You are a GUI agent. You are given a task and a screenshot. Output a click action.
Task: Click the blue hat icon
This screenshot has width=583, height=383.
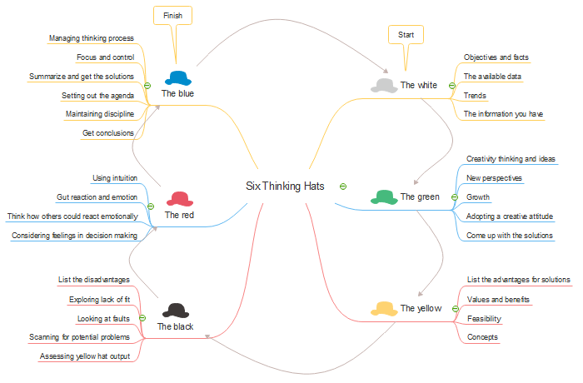[x=178, y=78]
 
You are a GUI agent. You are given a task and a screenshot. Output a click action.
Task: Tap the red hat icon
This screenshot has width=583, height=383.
[x=179, y=199]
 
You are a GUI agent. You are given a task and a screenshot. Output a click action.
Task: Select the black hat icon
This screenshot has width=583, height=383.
[x=175, y=311]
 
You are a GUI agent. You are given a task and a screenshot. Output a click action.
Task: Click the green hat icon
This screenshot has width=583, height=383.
[x=384, y=196]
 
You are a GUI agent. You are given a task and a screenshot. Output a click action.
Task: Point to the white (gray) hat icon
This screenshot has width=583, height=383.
[x=384, y=85]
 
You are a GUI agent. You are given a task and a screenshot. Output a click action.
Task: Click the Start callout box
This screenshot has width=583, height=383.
[x=406, y=35]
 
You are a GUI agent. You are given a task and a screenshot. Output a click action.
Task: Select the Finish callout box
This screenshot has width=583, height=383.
[x=172, y=15]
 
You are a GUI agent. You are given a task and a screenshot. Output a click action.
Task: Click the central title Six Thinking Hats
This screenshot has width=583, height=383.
[x=285, y=186]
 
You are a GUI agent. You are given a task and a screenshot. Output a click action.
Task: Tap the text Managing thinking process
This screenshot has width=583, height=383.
[x=92, y=38]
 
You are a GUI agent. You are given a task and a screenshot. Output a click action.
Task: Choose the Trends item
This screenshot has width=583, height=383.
[x=475, y=96]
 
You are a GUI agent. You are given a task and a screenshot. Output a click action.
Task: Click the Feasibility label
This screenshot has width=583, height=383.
[x=485, y=318]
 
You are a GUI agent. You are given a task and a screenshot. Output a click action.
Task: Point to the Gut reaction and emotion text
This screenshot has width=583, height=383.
[x=97, y=197]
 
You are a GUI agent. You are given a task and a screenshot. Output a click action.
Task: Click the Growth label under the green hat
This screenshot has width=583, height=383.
[x=478, y=198]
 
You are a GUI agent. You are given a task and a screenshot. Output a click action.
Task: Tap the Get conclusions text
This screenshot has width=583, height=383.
[x=108, y=133]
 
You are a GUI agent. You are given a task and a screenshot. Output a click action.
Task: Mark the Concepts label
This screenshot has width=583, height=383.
[x=483, y=337]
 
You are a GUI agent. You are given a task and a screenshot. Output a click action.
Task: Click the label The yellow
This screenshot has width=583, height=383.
[x=421, y=308]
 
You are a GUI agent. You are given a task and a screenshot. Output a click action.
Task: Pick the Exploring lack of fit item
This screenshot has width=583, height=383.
[x=100, y=299]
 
